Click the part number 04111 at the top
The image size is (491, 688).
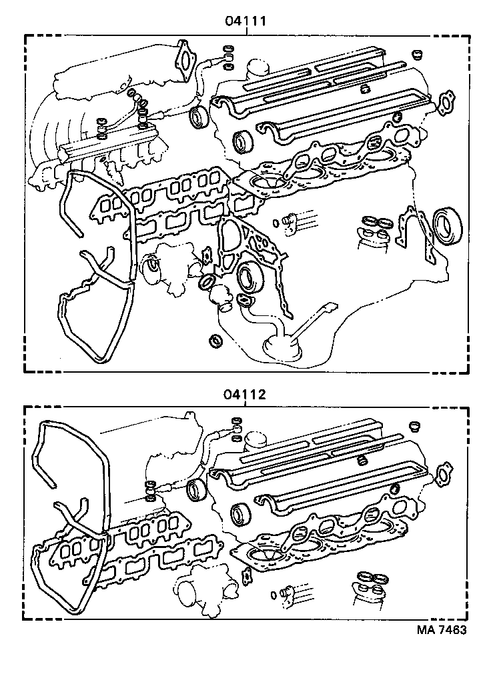pyautogui.click(x=246, y=21)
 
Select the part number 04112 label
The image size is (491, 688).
pyautogui.click(x=246, y=394)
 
